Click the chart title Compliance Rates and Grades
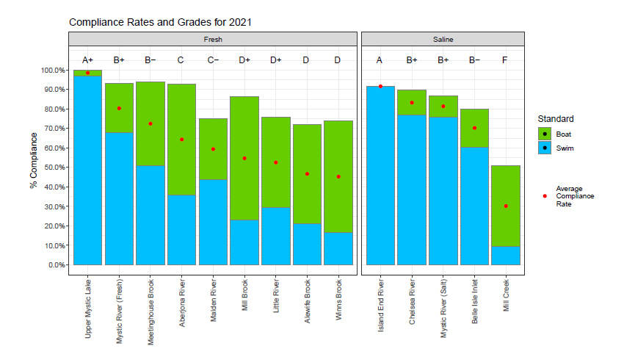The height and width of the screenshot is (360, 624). click(160, 23)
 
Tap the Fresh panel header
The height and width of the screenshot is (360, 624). click(214, 39)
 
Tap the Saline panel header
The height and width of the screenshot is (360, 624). click(443, 39)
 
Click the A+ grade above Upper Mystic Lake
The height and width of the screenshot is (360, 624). click(88, 60)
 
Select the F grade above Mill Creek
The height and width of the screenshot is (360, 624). click(506, 60)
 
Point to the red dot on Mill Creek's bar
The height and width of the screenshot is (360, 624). click(506, 206)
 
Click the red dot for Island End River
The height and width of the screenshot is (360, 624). click(380, 86)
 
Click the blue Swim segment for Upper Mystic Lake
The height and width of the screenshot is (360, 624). click(88, 170)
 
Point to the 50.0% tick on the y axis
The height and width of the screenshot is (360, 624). click(51, 168)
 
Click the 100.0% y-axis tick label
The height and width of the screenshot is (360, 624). click(50, 71)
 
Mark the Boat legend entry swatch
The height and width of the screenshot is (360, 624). click(545, 134)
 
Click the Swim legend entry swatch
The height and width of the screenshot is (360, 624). click(545, 148)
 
